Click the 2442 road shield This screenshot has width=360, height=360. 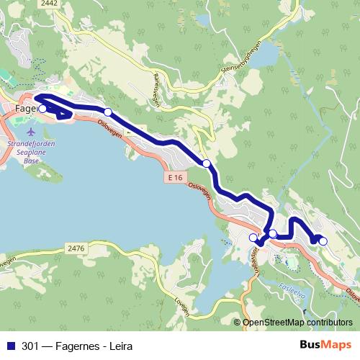click(50, 4)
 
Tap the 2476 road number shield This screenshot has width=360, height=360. click(75, 248)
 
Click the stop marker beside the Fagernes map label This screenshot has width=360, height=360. click(42, 108)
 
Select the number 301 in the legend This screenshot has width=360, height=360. click(30, 344)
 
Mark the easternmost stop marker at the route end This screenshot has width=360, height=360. click(323, 240)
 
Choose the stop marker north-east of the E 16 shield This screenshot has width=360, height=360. click(207, 163)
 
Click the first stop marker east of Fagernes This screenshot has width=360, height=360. click(107, 112)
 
